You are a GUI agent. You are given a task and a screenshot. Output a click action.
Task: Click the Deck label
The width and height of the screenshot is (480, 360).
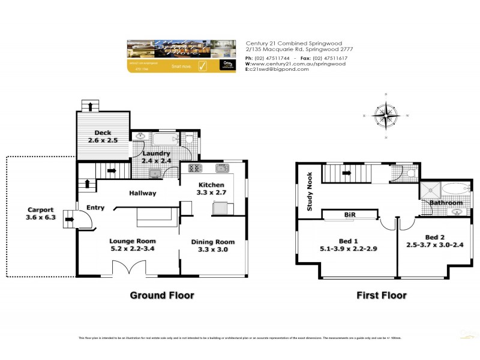click(103, 133)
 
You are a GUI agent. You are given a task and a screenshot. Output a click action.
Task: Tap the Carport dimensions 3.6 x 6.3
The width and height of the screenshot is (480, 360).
click(41, 218)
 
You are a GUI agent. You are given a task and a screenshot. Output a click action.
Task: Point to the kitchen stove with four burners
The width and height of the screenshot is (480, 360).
click(196, 168)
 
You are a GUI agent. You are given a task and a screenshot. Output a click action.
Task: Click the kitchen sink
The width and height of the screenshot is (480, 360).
click(221, 168)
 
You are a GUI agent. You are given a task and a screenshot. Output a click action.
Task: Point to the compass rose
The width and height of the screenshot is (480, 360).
click(385, 116)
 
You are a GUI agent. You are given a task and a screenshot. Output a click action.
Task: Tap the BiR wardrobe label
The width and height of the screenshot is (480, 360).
click(350, 214)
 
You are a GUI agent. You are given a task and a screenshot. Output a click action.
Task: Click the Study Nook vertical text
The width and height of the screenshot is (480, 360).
click(310, 191)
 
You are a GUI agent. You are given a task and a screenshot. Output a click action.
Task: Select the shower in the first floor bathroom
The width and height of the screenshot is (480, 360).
click(430, 190)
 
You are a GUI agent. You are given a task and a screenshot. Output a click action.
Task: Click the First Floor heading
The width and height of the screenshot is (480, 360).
click(382, 295)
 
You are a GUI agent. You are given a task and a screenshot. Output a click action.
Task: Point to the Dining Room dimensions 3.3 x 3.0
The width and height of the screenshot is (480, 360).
click(213, 250)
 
